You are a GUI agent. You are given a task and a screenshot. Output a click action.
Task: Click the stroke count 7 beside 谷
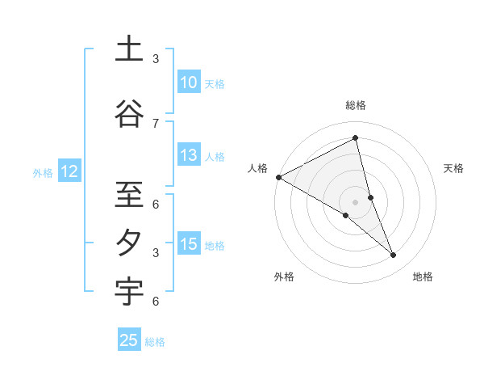(x=156, y=123)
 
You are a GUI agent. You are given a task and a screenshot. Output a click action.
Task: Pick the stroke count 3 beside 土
(x=156, y=58)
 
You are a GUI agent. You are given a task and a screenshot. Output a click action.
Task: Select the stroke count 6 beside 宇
(x=156, y=302)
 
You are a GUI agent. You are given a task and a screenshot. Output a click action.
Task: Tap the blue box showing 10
(x=189, y=82)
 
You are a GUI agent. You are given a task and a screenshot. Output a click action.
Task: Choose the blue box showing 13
(x=189, y=155)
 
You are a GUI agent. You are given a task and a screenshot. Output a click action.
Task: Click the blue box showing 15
(x=189, y=244)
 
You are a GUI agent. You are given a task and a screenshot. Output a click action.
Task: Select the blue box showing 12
(x=69, y=171)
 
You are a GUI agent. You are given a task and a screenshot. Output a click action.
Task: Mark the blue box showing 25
(x=129, y=340)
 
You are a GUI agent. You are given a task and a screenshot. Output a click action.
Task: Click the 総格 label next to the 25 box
(x=155, y=342)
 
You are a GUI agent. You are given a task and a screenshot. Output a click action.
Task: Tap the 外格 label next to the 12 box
(x=43, y=172)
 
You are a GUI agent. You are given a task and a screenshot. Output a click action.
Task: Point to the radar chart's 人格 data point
(x=278, y=177)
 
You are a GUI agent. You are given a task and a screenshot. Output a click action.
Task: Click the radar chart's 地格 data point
(x=394, y=255)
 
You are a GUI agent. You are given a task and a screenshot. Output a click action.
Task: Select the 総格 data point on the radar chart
(x=355, y=137)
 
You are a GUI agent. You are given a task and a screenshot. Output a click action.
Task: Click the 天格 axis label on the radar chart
(x=454, y=168)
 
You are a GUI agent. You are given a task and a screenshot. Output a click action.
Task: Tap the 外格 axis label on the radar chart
(x=284, y=277)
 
